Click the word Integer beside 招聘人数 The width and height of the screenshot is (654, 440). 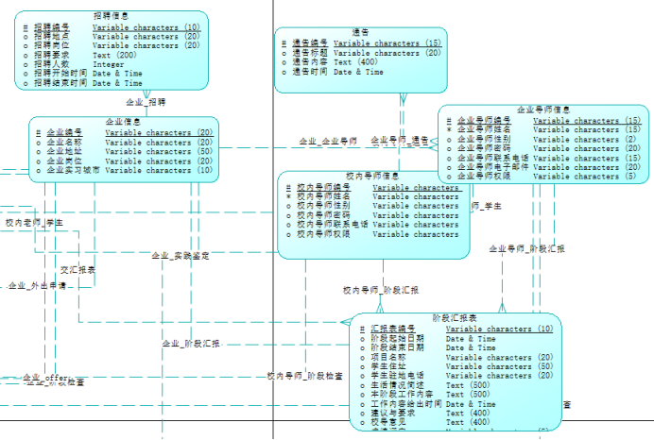(x=108, y=64)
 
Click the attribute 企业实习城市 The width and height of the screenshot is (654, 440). (x=73, y=171)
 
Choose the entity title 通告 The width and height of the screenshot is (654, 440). (x=360, y=32)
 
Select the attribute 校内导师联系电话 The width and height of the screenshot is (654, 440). (x=333, y=225)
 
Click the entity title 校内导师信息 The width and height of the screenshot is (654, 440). (x=372, y=177)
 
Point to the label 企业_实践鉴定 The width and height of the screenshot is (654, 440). (x=180, y=256)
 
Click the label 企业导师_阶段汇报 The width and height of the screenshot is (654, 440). (x=526, y=248)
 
